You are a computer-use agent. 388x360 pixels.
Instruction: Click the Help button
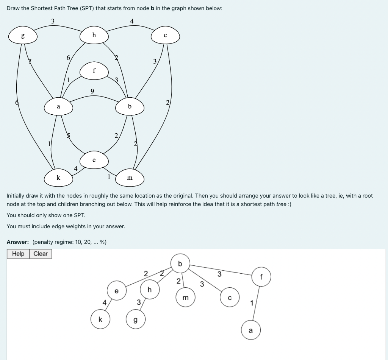point(18,254)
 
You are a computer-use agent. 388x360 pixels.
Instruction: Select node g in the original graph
point(23,36)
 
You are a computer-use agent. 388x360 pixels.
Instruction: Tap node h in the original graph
point(94,36)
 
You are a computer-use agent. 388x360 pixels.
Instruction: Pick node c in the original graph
point(165,36)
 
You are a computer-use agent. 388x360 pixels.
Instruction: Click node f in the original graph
point(94,71)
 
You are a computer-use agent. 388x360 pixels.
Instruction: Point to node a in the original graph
point(58,107)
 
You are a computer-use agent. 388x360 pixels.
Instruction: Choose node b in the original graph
point(130,107)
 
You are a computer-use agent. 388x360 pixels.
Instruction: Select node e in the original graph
point(94,160)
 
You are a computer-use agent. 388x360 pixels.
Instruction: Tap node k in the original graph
point(58,178)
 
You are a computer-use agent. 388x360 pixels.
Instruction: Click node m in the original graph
point(130,178)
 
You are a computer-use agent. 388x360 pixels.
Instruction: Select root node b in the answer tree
point(180,263)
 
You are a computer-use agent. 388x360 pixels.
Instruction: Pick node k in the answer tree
point(100,319)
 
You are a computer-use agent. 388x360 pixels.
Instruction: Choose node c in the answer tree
point(230,298)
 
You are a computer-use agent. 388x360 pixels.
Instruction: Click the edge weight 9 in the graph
point(92,91)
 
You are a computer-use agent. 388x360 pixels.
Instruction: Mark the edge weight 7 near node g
point(30,61)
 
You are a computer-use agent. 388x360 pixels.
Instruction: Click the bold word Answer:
point(18,242)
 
